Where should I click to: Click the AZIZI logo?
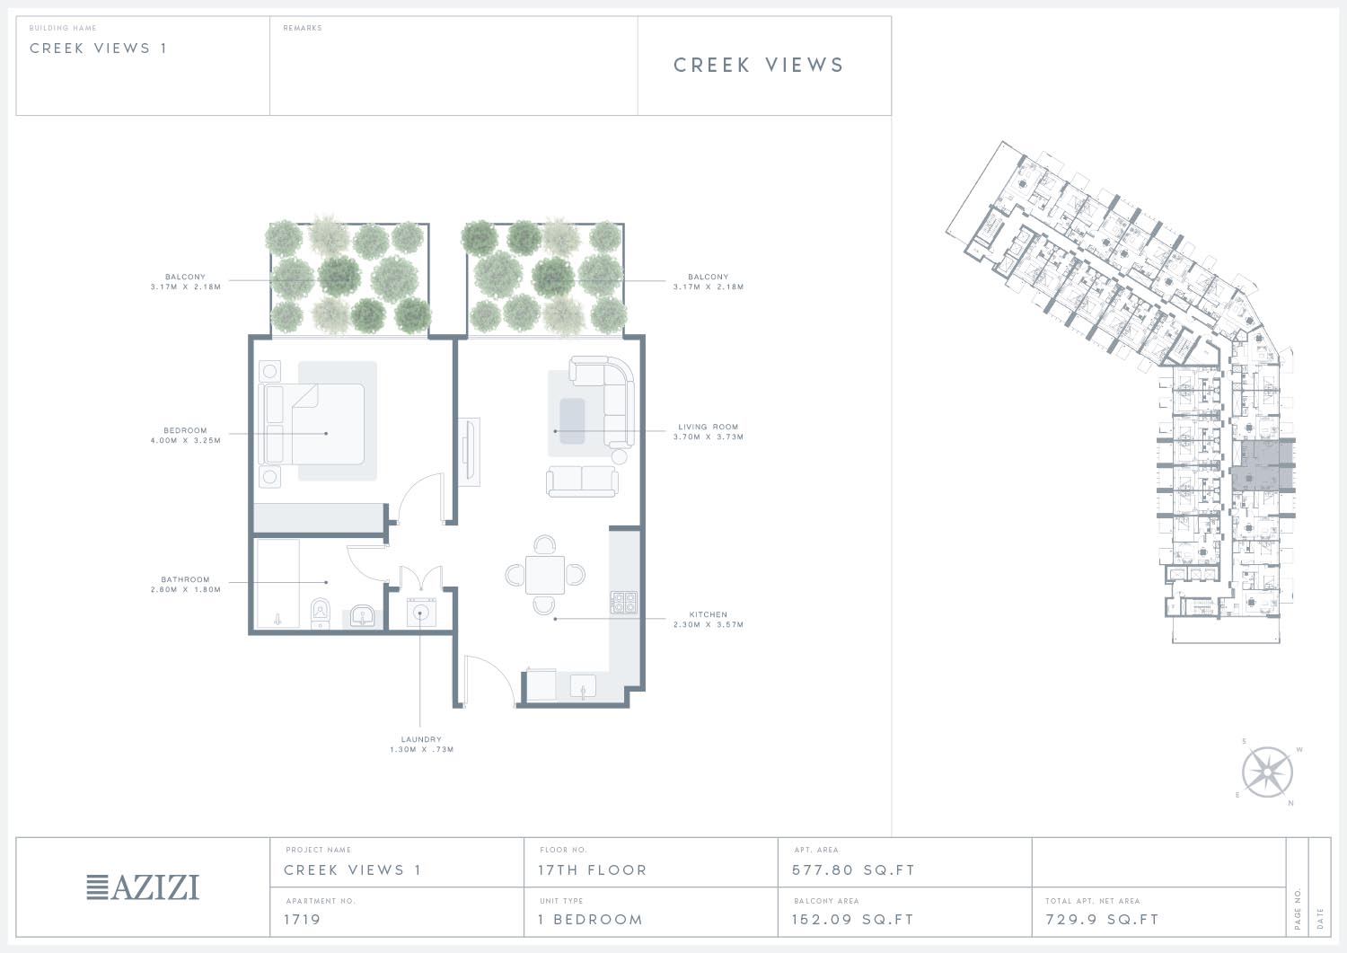[x=143, y=887]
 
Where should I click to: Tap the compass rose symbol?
[x=1267, y=772]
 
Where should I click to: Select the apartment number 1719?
[x=302, y=919]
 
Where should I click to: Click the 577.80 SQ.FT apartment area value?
[x=853, y=870]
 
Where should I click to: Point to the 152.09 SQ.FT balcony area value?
[x=852, y=919]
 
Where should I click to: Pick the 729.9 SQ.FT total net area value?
[x=1102, y=919]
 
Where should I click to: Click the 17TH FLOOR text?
[x=593, y=870]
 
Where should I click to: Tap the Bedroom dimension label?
[x=185, y=436]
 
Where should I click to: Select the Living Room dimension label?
[x=709, y=432]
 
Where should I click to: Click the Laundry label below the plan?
[x=421, y=745]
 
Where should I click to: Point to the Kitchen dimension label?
[x=709, y=620]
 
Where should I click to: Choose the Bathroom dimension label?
[x=185, y=585]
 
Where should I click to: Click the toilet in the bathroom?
[x=321, y=613]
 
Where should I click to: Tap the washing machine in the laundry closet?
[x=421, y=613]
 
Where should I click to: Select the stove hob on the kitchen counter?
[x=623, y=602]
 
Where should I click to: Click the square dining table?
[x=545, y=575]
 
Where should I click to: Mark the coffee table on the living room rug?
[x=572, y=421]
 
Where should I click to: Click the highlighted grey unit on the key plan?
[x=1263, y=466]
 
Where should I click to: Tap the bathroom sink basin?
[x=363, y=616]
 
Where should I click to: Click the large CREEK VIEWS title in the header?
[x=759, y=65]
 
